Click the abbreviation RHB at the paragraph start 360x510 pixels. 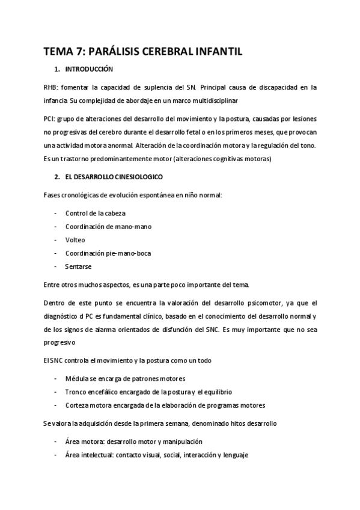(52, 87)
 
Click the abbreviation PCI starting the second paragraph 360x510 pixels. (50, 119)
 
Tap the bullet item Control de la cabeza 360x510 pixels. (96, 213)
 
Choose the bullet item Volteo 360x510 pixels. (75, 239)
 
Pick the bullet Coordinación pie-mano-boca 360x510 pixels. (108, 253)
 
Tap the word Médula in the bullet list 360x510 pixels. (76, 378)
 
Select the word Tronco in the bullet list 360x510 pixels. (76, 392)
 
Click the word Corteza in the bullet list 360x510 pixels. (78, 405)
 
